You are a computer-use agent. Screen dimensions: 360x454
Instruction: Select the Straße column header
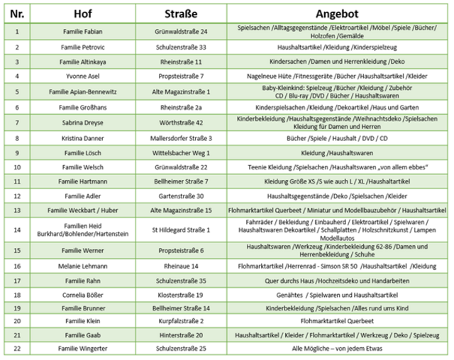coord(181,14)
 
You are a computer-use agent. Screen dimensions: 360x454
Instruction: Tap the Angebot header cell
coord(338,14)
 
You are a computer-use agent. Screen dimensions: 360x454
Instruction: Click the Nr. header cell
coord(17,14)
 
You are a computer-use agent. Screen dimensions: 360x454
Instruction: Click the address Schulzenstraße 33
coord(181,47)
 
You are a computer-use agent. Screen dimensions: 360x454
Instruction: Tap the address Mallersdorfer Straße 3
coord(181,138)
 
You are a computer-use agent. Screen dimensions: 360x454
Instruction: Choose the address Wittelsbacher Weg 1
coord(181,152)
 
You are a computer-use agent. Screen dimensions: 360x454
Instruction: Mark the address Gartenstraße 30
coord(181,196)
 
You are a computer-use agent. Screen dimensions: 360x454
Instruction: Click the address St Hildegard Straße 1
coord(181,230)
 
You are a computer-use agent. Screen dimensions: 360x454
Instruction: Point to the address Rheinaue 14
coord(181,266)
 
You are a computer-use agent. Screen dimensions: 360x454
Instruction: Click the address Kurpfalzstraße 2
coord(181,320)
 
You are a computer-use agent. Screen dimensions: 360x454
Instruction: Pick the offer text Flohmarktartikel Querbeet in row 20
coord(338,320)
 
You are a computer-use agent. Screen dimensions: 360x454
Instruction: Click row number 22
coord(17,349)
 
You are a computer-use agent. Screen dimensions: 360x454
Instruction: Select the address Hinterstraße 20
coord(181,334)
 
